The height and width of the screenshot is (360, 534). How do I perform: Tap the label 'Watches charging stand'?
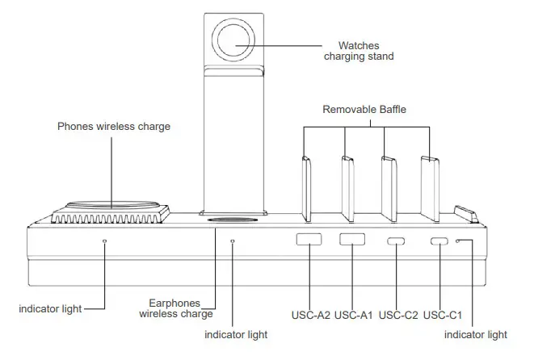point(359,51)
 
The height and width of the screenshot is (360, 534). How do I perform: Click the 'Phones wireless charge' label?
point(114,127)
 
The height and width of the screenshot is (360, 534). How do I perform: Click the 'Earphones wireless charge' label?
point(176,308)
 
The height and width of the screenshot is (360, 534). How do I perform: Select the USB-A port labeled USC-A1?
point(351,240)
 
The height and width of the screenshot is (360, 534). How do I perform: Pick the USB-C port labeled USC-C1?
point(439,241)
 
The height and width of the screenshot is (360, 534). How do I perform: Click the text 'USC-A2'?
point(311,314)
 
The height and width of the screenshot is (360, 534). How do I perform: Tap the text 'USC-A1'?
point(353,314)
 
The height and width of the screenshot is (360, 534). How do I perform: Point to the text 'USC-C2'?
point(397,314)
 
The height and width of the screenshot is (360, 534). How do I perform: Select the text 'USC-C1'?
point(442,314)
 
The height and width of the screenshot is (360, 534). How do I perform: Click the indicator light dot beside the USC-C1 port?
point(458,241)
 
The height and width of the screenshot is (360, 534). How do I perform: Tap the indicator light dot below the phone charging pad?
point(104,241)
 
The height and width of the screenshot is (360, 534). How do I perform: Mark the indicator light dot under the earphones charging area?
point(233,241)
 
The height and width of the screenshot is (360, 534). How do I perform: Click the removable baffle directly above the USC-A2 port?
point(308,190)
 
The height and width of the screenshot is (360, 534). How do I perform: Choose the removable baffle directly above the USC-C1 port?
point(429,190)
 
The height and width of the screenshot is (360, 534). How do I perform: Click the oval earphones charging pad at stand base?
point(235,219)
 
